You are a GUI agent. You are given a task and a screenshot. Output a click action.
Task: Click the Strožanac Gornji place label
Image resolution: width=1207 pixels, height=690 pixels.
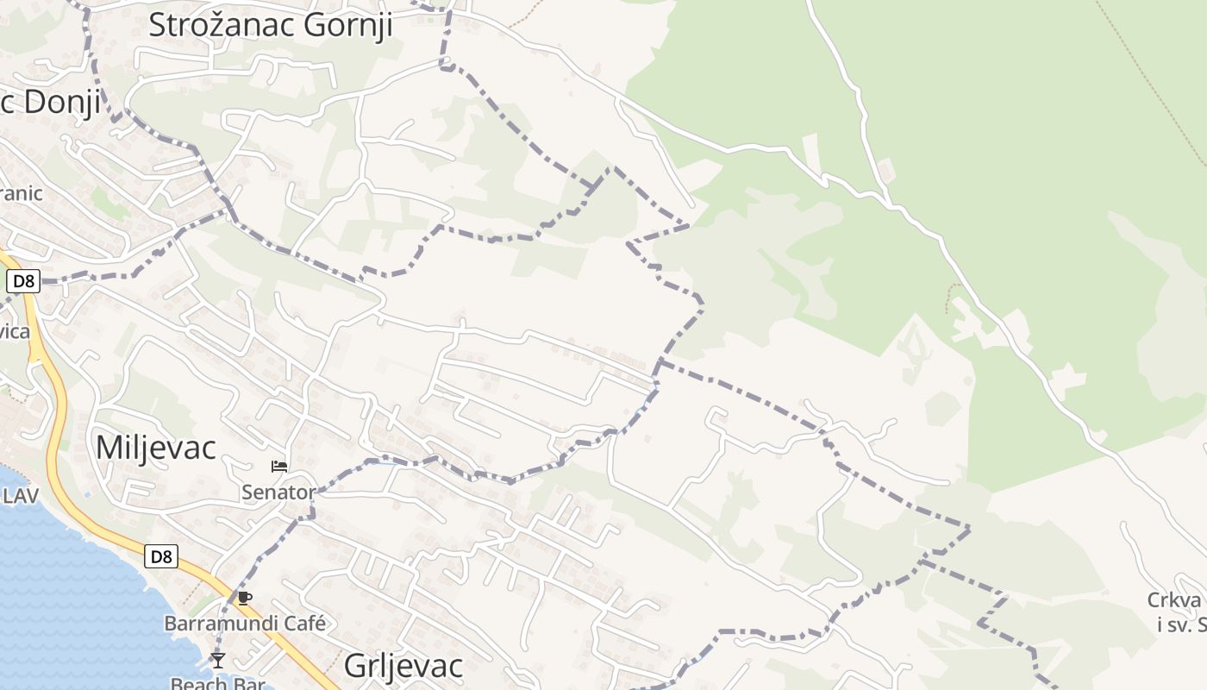(270, 25)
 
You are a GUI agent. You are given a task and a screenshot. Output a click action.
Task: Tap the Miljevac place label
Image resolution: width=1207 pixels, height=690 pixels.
(156, 447)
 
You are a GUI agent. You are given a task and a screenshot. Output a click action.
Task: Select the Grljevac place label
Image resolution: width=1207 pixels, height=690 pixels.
(403, 665)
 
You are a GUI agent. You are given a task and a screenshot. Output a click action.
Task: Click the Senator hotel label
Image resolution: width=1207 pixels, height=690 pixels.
(278, 492)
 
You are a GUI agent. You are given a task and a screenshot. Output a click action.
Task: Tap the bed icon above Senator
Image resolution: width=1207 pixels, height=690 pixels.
(279, 467)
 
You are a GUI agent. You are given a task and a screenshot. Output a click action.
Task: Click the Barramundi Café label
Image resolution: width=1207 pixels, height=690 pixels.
(246, 623)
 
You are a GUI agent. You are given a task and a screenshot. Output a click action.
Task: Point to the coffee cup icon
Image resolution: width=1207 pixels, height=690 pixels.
(245, 598)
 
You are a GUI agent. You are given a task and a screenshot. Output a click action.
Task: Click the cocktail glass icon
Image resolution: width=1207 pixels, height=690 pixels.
(217, 661)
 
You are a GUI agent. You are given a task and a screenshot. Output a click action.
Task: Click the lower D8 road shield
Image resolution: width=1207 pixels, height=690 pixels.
(161, 556)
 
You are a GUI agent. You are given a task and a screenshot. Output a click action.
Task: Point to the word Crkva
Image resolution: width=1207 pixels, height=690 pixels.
(1174, 600)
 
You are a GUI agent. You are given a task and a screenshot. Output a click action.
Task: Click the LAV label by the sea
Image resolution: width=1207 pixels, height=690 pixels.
(21, 495)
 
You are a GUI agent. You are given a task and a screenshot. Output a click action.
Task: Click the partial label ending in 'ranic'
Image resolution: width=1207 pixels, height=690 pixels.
(21, 192)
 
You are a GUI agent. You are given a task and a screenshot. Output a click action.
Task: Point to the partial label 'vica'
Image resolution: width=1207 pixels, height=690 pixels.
(15, 331)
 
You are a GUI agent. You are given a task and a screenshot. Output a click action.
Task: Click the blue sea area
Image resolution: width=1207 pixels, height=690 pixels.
(69, 604)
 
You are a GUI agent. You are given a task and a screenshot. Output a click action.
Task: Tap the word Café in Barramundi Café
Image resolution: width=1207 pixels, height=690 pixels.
(302, 623)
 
